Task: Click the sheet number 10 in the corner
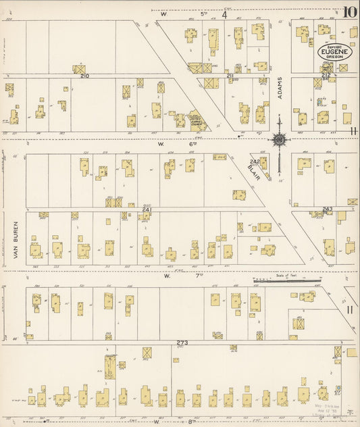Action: point(349,12)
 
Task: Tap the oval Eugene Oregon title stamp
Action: point(334,52)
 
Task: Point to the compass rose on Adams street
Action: point(278,140)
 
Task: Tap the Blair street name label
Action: point(253,170)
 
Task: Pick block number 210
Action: point(84,76)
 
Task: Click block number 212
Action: point(326,76)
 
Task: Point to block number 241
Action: point(146,210)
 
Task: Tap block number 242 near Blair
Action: point(255,161)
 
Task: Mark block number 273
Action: point(182,343)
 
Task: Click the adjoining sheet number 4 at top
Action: point(224,13)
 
